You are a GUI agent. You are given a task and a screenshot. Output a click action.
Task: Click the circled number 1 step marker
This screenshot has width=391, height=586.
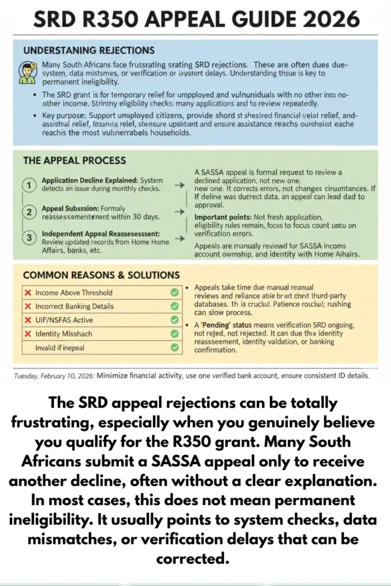click(x=27, y=184)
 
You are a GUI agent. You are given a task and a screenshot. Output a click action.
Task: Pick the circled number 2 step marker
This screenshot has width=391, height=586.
click(x=27, y=212)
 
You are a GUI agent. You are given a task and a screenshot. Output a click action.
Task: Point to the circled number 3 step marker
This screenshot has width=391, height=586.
click(x=27, y=238)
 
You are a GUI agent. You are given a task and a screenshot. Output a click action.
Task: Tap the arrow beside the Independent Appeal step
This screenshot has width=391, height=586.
click(x=179, y=239)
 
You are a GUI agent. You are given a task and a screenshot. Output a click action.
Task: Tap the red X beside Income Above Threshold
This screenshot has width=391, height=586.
click(x=27, y=292)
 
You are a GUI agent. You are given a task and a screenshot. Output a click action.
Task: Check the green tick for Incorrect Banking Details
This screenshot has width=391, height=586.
click(x=175, y=306)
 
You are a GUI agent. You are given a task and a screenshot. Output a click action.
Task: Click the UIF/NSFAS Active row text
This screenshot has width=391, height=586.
click(x=64, y=320)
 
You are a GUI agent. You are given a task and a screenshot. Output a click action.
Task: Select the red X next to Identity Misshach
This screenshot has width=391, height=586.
click(x=27, y=334)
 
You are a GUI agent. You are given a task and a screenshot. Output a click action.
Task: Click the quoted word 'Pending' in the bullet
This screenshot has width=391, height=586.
click(x=219, y=324)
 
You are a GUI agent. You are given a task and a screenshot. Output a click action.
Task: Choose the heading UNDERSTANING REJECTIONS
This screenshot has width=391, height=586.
click(x=89, y=50)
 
